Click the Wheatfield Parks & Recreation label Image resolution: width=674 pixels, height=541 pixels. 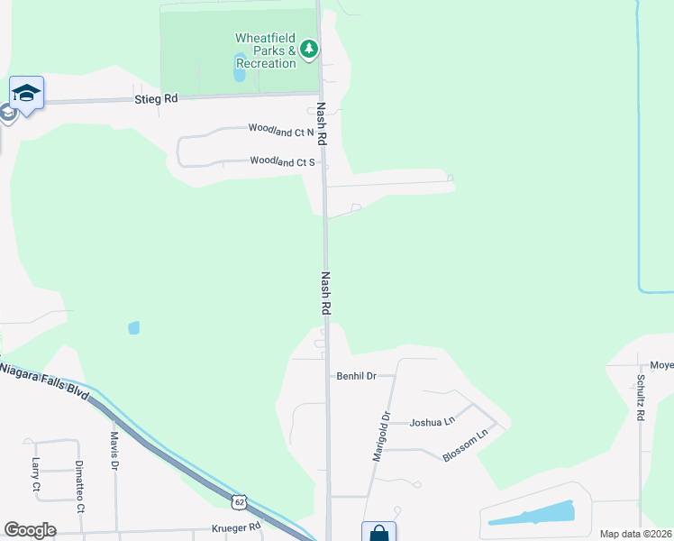(266, 50)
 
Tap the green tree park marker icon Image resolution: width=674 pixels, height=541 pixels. (310, 49)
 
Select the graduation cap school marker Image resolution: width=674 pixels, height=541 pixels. (27, 93)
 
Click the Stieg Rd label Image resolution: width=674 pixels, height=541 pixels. (156, 98)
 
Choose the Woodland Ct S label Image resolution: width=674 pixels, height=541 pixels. (282, 162)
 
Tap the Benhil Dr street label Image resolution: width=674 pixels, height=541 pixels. (355, 375)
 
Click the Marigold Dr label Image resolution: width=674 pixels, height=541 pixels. (381, 437)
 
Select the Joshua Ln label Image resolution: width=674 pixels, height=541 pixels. (432, 421)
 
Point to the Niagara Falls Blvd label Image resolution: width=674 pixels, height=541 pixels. (45, 382)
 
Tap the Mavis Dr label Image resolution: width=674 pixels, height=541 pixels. (114, 449)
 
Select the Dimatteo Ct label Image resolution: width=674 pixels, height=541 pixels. (79, 487)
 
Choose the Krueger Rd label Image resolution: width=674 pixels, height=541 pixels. (235, 527)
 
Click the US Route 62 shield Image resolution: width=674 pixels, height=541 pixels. (238, 500)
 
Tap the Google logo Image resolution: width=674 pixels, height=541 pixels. (30, 530)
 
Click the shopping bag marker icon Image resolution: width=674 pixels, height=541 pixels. (379, 532)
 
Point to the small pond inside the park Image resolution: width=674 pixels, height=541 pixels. (241, 68)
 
